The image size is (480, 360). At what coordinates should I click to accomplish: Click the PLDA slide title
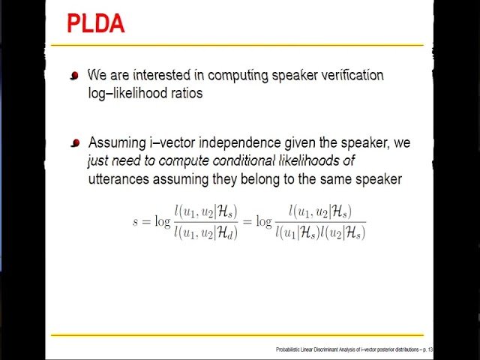coord(95,23)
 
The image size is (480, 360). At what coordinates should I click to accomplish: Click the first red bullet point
coord(74,76)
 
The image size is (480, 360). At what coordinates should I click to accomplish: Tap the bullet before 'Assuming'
coord(74,142)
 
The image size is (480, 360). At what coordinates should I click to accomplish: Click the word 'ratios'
coord(187,94)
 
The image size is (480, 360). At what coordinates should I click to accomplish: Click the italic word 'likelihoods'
coord(317,160)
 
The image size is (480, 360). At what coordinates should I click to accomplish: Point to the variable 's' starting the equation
coord(136,223)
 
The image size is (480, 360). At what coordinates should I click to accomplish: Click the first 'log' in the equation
coord(161,223)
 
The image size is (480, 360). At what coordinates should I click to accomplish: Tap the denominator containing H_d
coord(205,233)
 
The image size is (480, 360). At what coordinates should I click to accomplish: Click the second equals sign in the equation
coord(247,223)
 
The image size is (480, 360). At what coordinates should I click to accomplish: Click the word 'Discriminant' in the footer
coord(334,349)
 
